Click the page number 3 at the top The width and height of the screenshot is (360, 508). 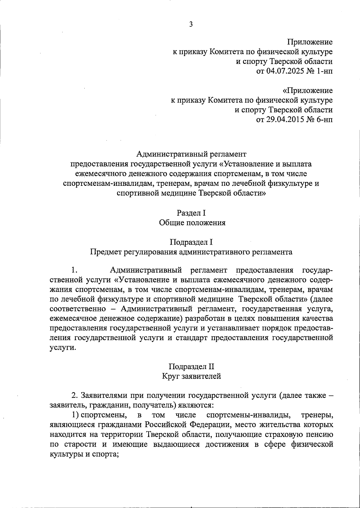191,25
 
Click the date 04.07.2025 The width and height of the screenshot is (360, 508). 286,71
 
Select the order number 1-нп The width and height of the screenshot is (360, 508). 323,71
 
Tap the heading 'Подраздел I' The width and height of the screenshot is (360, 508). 191,242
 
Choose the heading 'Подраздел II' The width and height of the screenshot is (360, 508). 191,366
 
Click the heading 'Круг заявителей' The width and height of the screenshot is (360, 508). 191,376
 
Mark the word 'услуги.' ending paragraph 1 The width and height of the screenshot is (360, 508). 63,347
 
